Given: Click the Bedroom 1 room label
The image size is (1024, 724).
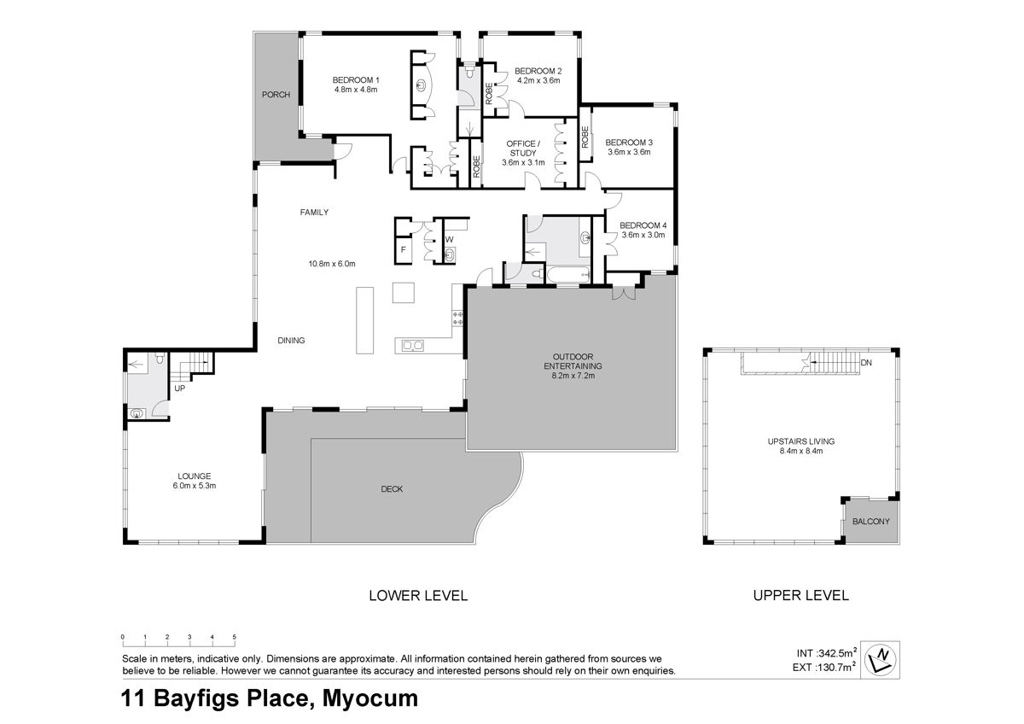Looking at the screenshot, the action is click(356, 80).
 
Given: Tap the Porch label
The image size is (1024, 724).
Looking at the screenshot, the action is click(276, 95).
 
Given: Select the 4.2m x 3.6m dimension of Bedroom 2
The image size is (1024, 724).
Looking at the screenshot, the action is click(538, 80).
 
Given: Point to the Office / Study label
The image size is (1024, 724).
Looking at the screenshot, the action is click(523, 149).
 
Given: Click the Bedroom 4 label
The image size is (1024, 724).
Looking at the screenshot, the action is click(643, 225).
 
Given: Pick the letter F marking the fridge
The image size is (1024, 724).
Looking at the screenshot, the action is click(403, 249).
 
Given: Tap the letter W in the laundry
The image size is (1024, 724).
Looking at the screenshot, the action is click(449, 239).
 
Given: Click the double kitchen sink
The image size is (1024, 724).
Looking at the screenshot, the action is click(412, 346).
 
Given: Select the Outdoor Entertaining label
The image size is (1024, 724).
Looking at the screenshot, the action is click(573, 361).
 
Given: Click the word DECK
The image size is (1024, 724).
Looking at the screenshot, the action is click(392, 489).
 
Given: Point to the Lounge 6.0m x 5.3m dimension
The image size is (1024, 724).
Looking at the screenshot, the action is click(195, 486).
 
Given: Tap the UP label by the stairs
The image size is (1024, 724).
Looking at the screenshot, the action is click(180, 388).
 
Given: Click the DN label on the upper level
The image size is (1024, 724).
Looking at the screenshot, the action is click(866, 363).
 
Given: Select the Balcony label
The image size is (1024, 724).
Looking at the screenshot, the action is click(871, 522).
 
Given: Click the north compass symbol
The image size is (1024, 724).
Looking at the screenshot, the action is click(880, 659).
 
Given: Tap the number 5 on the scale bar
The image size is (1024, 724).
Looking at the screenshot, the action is click(234, 637).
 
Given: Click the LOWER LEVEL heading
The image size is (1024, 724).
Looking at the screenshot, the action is click(418, 595).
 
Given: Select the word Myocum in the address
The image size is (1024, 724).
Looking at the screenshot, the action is click(369, 698).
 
